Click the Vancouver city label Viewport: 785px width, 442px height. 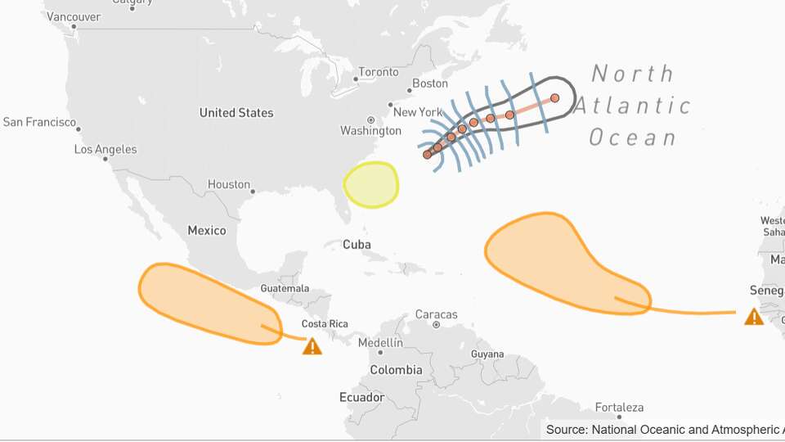point(74,16)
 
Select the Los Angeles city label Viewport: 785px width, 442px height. point(105,150)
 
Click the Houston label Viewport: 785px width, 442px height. point(229,185)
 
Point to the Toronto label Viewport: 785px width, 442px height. point(378,72)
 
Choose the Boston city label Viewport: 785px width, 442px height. point(430,83)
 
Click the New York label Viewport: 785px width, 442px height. point(418,112)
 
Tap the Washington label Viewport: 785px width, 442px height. point(370,131)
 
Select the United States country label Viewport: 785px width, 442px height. point(236,113)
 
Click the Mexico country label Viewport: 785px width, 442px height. point(207,231)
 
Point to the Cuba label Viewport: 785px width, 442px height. point(357,245)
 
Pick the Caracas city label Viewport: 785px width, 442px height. point(437,314)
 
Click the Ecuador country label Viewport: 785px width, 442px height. point(361,398)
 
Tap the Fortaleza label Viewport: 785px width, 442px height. point(619,408)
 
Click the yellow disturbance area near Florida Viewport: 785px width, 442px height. point(371,183)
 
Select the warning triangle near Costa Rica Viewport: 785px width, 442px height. point(312,347)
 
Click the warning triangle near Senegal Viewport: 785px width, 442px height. point(754,317)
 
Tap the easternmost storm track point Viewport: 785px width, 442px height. point(554,98)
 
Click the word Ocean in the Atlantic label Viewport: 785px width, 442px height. point(633,138)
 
